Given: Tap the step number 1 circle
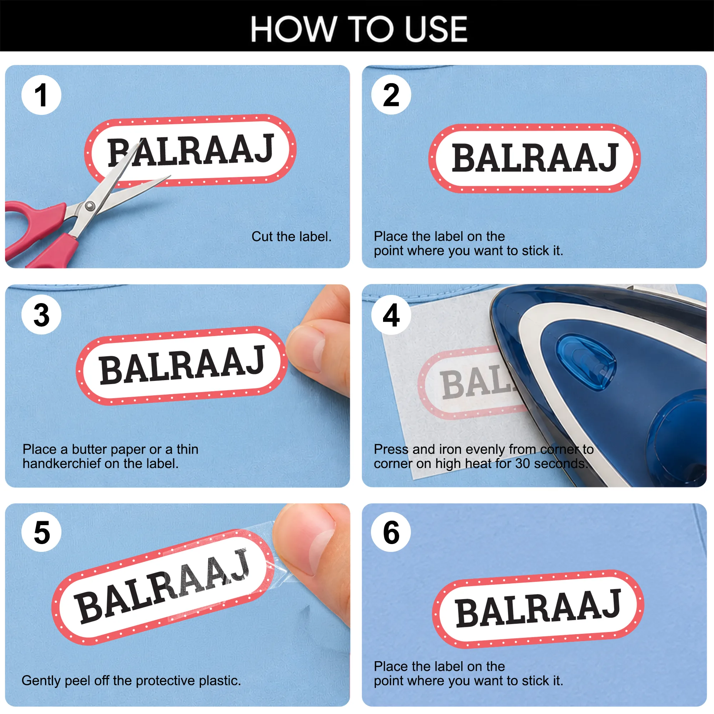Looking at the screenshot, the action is (x=41, y=95).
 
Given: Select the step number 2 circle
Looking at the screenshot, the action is (x=391, y=95).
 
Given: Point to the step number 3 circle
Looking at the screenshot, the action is (x=41, y=315).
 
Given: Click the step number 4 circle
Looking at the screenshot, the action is (x=391, y=315).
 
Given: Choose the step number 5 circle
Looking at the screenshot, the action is (x=41, y=532).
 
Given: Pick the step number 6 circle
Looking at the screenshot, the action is (x=391, y=532).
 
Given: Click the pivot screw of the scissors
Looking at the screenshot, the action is (x=90, y=206).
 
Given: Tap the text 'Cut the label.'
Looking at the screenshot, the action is (x=291, y=237).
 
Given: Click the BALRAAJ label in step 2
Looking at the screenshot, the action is (x=534, y=158).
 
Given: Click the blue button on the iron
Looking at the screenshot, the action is (x=586, y=362).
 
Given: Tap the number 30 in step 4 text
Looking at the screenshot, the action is (x=523, y=463).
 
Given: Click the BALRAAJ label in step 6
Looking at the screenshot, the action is (x=538, y=609).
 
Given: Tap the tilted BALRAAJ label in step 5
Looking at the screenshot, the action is (x=162, y=587).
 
